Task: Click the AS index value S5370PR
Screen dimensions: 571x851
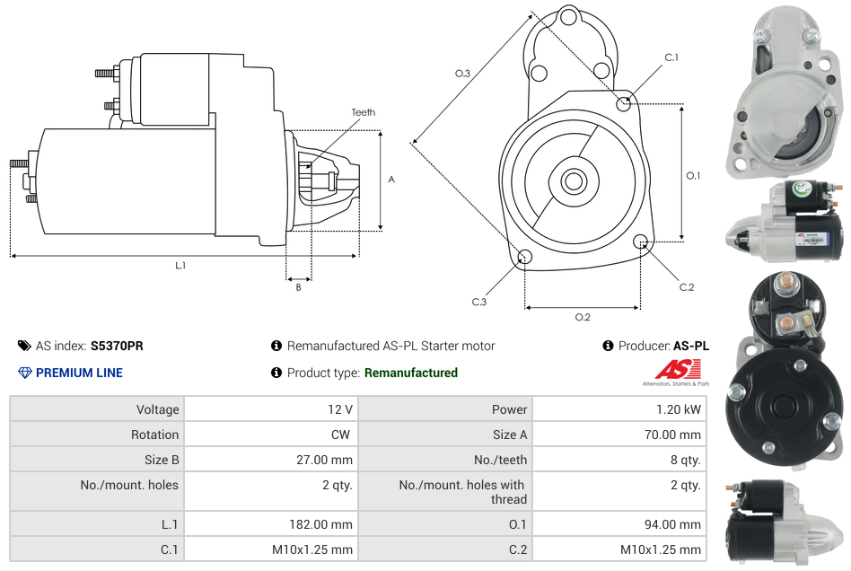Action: click(117, 346)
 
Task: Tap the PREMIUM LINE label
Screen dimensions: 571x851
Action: click(79, 373)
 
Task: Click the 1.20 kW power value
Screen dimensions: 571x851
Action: click(681, 409)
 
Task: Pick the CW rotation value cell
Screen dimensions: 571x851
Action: click(342, 435)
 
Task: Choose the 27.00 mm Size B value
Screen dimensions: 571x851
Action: click(328, 460)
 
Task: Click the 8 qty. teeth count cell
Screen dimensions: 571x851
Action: click(684, 460)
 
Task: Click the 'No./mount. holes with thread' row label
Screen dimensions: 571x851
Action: click(461, 492)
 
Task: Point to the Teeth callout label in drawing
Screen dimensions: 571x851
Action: click(364, 112)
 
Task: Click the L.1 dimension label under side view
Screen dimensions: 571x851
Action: click(180, 265)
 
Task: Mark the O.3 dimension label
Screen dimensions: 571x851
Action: click(462, 74)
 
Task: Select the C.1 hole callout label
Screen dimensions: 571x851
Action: click(671, 57)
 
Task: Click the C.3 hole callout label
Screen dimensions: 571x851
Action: click(479, 303)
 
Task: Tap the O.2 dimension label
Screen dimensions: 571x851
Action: click(583, 317)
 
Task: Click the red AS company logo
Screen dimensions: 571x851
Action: click(677, 369)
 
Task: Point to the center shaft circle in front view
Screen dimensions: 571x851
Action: click(573, 181)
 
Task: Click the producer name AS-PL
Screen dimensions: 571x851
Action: click(690, 346)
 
